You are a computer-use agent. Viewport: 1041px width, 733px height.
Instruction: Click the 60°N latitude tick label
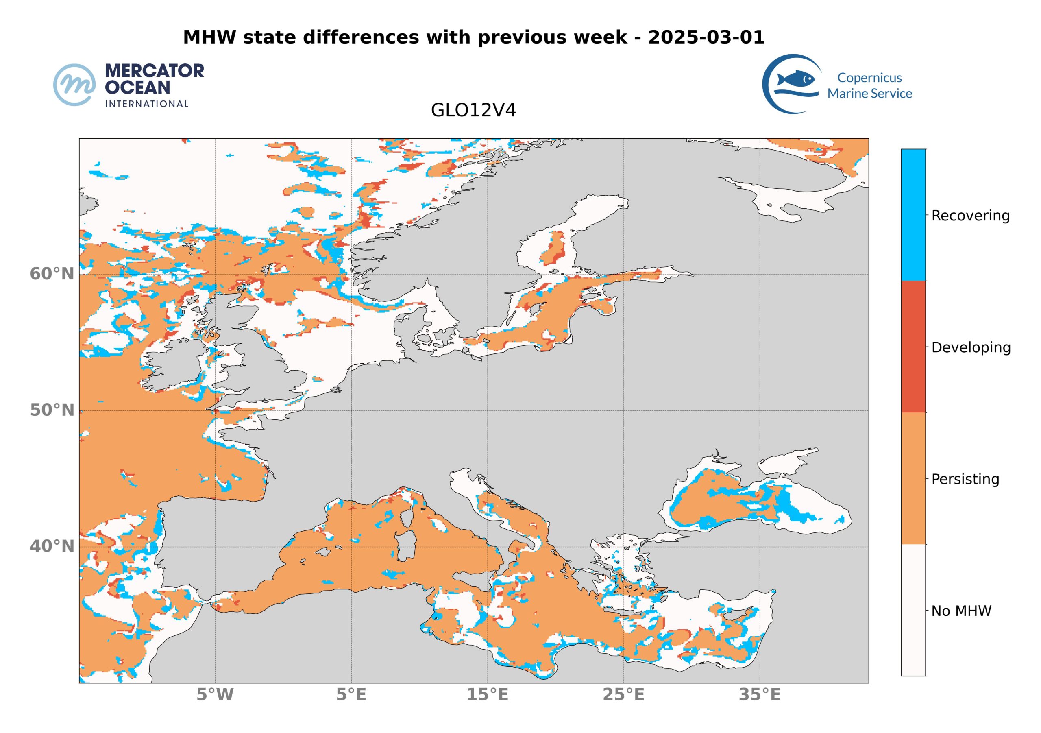[x=52, y=275]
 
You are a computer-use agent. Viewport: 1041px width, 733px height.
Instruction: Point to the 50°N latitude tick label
[x=52, y=410]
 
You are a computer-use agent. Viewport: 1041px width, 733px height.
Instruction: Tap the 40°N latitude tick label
[x=52, y=547]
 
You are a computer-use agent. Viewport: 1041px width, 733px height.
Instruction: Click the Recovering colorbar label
[x=970, y=216]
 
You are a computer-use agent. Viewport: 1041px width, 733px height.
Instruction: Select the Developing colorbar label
[x=971, y=348]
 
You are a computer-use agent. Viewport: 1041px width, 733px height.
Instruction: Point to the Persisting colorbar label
[x=965, y=480]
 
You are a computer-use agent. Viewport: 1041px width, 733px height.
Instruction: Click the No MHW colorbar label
[x=961, y=611]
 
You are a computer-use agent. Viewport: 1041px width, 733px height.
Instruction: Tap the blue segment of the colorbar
[x=913, y=214]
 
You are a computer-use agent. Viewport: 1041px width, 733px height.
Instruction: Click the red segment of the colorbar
[x=913, y=347]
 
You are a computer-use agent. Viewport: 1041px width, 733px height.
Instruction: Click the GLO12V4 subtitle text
[x=473, y=111]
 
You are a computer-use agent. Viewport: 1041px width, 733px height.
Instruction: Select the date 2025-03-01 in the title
[x=706, y=37]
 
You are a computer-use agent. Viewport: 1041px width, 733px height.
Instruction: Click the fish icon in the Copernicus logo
[x=795, y=79]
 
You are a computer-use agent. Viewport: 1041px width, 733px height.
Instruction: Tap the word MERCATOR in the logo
[x=154, y=71]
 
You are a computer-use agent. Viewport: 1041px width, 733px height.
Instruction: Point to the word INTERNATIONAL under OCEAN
[x=146, y=104]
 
